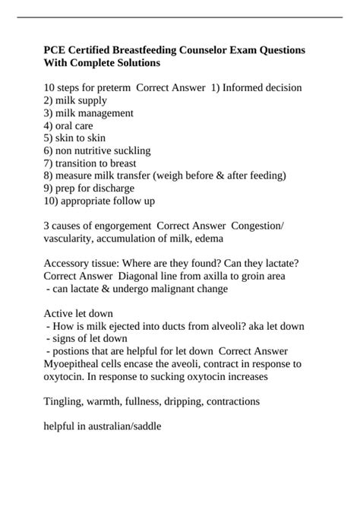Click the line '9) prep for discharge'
(89, 188)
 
